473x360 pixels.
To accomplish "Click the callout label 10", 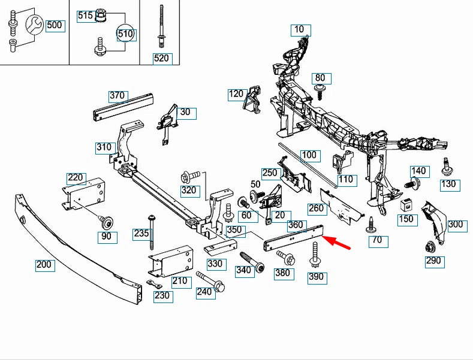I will [x=299, y=29].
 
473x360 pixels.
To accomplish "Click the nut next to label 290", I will [x=429, y=246].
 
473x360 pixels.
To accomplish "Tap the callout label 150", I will [x=406, y=220].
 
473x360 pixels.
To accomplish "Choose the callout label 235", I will [x=141, y=234].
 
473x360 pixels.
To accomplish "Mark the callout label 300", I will [x=456, y=225].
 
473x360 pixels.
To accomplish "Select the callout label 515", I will [x=86, y=16].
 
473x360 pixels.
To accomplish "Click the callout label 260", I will [x=316, y=209].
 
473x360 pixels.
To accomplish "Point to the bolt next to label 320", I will [x=186, y=176].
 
